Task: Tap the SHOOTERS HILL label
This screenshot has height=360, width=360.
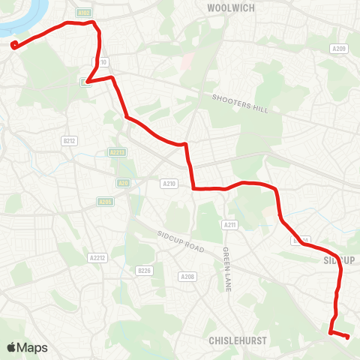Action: click(x=240, y=103)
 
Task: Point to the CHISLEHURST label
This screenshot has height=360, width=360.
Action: click(x=238, y=339)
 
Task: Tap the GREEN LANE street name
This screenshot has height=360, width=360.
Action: click(x=226, y=268)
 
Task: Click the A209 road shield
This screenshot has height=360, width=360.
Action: click(x=339, y=49)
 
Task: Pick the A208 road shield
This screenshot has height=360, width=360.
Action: click(x=187, y=277)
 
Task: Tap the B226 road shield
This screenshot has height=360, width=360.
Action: click(x=144, y=270)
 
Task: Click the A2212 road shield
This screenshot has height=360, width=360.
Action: click(x=96, y=257)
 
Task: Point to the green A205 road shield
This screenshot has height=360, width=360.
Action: click(x=105, y=201)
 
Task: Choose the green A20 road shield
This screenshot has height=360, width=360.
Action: click(x=123, y=181)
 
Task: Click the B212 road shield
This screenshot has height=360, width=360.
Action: click(x=70, y=140)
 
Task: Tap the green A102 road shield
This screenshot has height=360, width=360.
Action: click(x=83, y=13)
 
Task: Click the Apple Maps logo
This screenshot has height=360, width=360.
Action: click(x=26, y=347)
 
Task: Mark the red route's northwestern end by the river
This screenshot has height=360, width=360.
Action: click(x=14, y=45)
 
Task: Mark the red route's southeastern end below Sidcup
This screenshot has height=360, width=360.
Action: click(x=347, y=337)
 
